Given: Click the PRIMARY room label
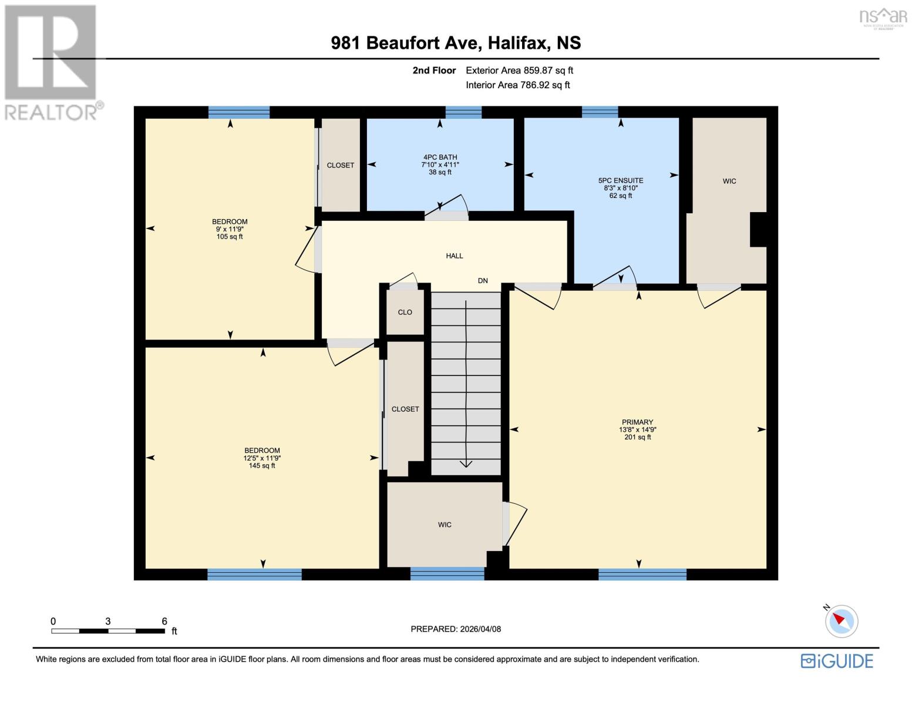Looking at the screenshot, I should [637, 422].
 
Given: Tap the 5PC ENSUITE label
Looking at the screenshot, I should [621, 181].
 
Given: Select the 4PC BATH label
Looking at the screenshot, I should [440, 157].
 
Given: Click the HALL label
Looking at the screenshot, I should [454, 256].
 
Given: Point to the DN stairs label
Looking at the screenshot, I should [483, 281].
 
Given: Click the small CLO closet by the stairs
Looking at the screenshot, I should [405, 312].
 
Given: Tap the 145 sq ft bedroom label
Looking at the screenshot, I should [262, 458].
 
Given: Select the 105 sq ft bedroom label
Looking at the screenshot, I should [230, 229].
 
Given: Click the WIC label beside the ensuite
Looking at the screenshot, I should [729, 181].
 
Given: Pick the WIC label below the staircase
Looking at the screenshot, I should [445, 525].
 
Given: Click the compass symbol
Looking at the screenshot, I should [841, 620].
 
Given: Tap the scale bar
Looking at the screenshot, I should [108, 631].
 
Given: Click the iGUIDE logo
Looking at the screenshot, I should [837, 661].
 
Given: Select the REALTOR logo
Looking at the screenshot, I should [52, 62].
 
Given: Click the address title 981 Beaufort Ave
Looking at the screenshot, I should [456, 43].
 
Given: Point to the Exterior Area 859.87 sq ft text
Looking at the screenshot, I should [519, 70].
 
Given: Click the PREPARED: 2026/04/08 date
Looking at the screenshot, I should [456, 629].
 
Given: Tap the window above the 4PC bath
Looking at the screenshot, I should [463, 112].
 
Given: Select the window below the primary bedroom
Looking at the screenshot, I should [642, 574].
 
